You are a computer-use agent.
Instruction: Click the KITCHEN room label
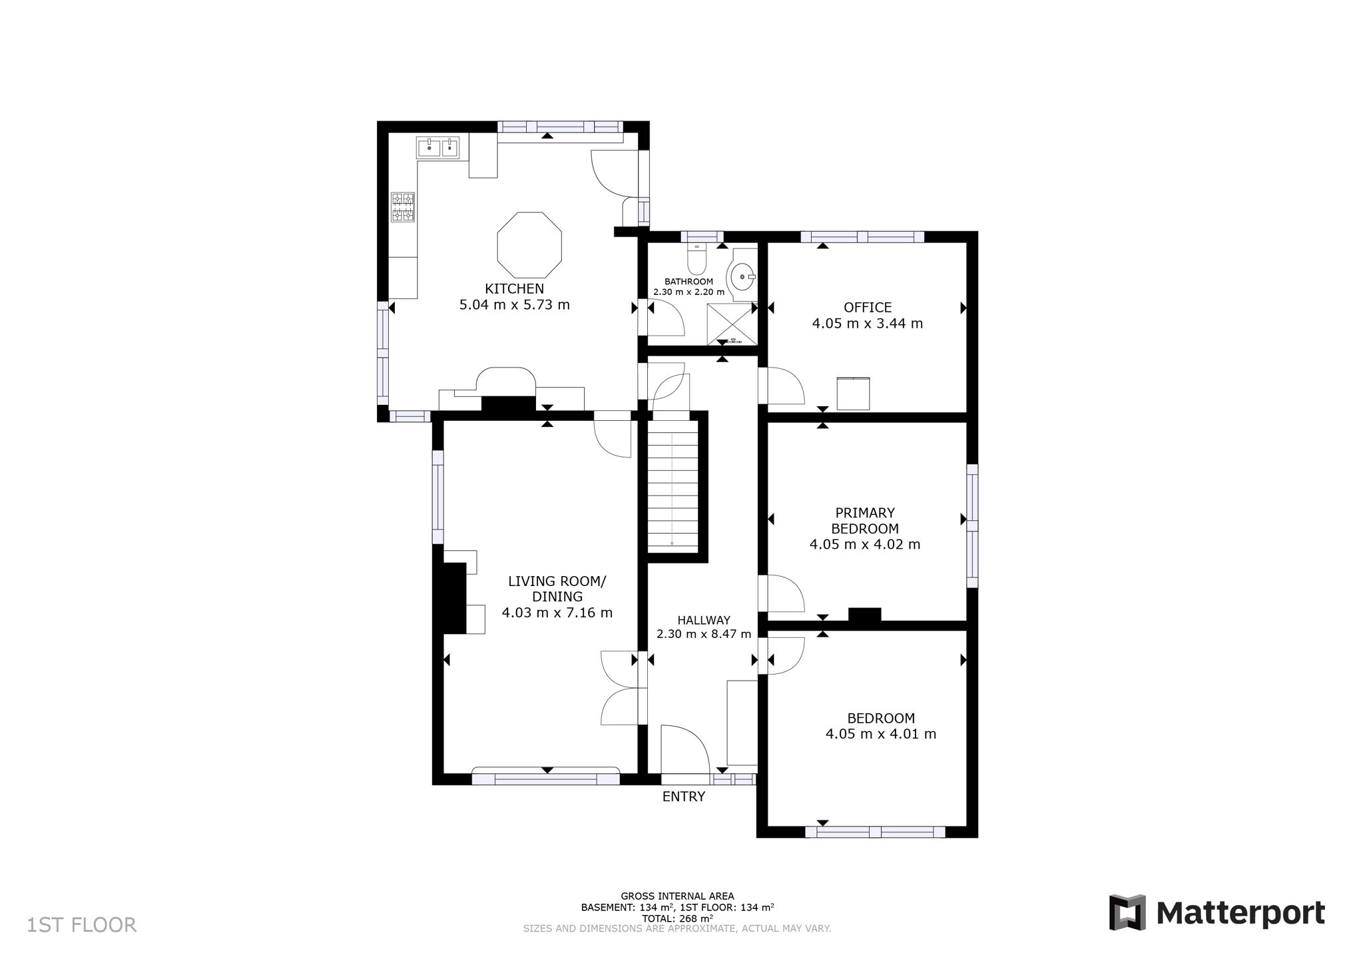(x=514, y=289)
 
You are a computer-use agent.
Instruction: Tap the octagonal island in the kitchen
(x=529, y=245)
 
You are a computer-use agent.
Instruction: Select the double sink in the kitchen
(x=438, y=147)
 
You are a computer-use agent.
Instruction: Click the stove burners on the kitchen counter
(x=403, y=206)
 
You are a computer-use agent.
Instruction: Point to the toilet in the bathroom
(x=696, y=260)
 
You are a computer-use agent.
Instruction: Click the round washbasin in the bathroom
(x=742, y=276)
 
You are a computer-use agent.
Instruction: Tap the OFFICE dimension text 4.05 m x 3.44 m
(x=867, y=324)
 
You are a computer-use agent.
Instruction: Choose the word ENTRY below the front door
(x=683, y=797)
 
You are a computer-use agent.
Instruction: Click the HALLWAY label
(x=704, y=619)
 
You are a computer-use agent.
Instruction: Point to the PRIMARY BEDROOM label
(x=865, y=520)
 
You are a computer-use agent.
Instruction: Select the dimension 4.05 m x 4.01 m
(x=880, y=734)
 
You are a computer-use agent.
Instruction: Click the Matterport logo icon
(x=1127, y=912)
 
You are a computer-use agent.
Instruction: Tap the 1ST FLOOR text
(x=82, y=925)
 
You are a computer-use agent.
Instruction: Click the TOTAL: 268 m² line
(x=677, y=918)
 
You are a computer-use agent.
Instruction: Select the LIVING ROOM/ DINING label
(x=557, y=589)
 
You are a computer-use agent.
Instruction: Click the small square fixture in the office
(x=853, y=394)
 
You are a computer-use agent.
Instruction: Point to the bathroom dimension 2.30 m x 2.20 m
(x=688, y=292)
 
